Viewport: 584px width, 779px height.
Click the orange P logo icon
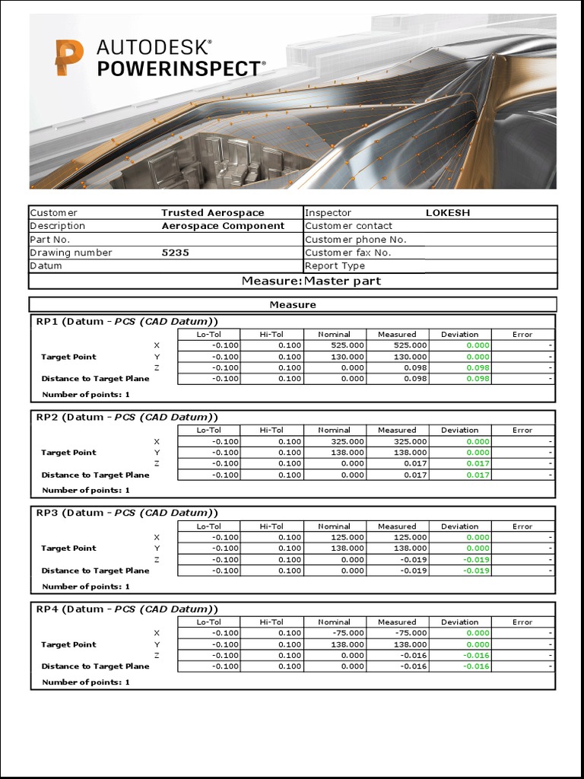69,59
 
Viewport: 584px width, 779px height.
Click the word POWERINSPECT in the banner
179,69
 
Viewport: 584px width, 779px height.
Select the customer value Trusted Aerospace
212,213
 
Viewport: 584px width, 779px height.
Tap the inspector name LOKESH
447,213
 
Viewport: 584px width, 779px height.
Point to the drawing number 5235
176,253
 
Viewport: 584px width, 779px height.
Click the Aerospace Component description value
223,226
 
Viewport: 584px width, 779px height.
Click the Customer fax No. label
348,253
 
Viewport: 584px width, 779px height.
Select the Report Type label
335,266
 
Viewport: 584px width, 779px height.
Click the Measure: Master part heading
311,281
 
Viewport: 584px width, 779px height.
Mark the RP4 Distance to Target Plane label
95,666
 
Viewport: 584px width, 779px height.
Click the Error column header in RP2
522,431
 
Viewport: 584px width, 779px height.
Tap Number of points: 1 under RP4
86,682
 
